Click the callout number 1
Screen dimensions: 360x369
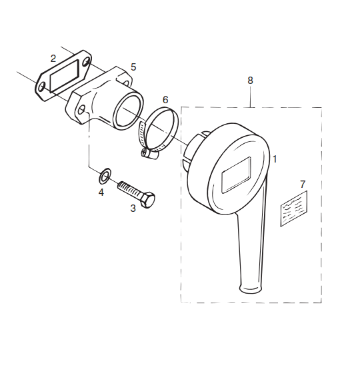pos(275,159)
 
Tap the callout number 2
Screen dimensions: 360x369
pos(53,59)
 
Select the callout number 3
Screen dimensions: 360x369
pos(133,208)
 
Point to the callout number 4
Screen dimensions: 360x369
pos(101,192)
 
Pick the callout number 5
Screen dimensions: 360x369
pos(133,67)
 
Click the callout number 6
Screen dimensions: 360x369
pos(165,100)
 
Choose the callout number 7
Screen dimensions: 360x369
pos(303,184)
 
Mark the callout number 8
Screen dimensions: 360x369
pos(250,80)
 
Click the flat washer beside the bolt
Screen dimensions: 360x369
pos(105,176)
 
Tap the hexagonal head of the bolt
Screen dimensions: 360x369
pos(148,199)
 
